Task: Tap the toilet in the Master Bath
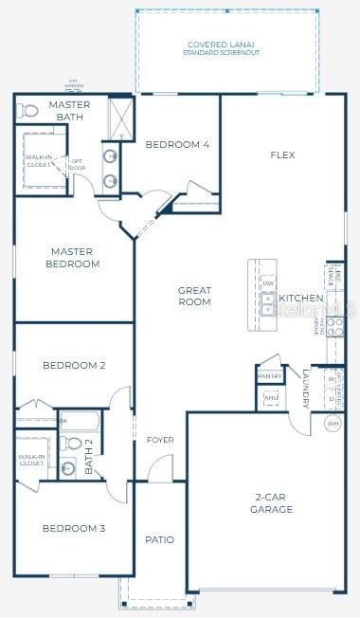pos(27,111)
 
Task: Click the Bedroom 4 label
pos(176,145)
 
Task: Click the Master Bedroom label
pos(73,258)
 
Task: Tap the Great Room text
pos(193,297)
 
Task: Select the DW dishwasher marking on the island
pos(268,283)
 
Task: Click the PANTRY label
pos(269,376)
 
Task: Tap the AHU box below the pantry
pos(271,397)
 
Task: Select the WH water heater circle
pos(333,424)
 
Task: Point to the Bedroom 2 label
pos(73,365)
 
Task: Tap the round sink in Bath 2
pos(68,466)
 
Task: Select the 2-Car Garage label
pos(272,503)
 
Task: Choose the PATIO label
pos(159,539)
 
